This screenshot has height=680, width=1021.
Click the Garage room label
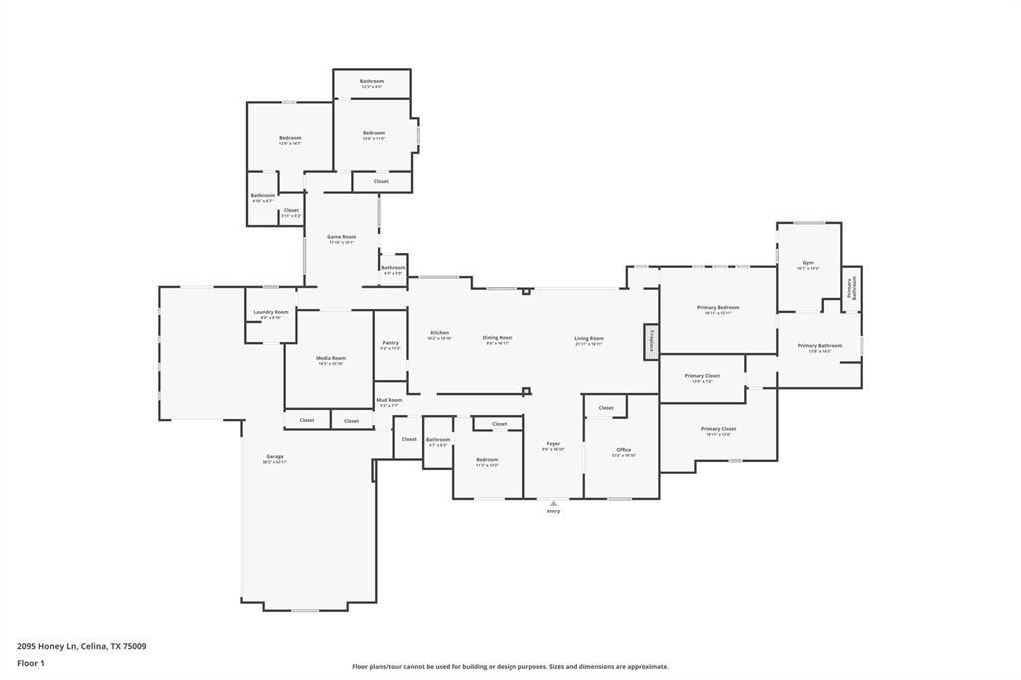275,456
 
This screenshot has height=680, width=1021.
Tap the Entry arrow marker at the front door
553,504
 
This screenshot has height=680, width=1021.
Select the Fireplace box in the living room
651,340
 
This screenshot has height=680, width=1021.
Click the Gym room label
808,263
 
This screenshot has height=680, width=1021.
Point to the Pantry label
390,343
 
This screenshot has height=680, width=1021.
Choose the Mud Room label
389,400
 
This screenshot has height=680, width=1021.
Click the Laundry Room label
271,312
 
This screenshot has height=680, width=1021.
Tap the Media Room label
331,358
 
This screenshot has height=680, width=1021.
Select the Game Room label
342,237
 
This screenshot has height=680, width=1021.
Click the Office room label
624,450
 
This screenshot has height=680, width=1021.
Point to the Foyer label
553,444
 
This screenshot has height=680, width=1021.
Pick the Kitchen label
440,333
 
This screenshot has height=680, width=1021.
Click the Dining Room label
498,338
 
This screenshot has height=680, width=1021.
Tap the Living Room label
589,339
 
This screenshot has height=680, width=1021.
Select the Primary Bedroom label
718,308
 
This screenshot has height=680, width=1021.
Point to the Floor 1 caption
32,662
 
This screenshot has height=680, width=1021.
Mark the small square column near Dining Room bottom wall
526,391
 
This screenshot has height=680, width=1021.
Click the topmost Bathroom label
372,81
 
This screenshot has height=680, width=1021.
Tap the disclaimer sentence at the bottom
510,667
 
